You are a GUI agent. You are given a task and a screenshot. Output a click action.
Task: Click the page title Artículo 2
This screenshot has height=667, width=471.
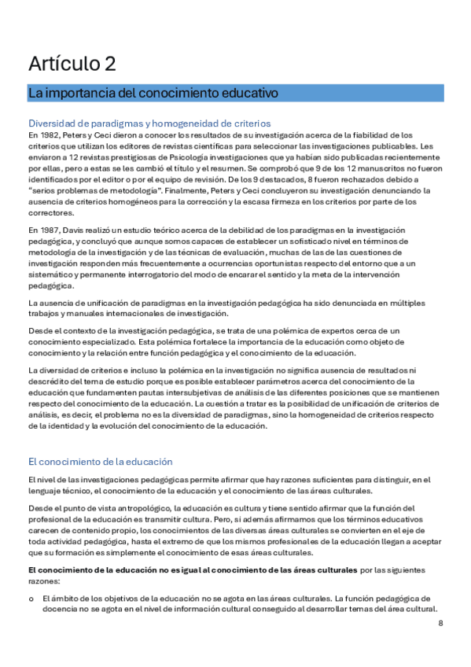(x=72, y=64)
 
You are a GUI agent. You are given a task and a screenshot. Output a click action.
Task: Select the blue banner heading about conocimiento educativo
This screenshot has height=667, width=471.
(x=153, y=93)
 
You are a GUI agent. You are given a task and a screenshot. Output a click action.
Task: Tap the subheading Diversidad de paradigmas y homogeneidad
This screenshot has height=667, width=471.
(x=149, y=123)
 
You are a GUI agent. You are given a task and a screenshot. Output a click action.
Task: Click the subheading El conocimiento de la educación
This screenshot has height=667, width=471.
(x=100, y=461)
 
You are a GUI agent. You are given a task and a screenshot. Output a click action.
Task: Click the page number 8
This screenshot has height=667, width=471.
(x=440, y=624)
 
